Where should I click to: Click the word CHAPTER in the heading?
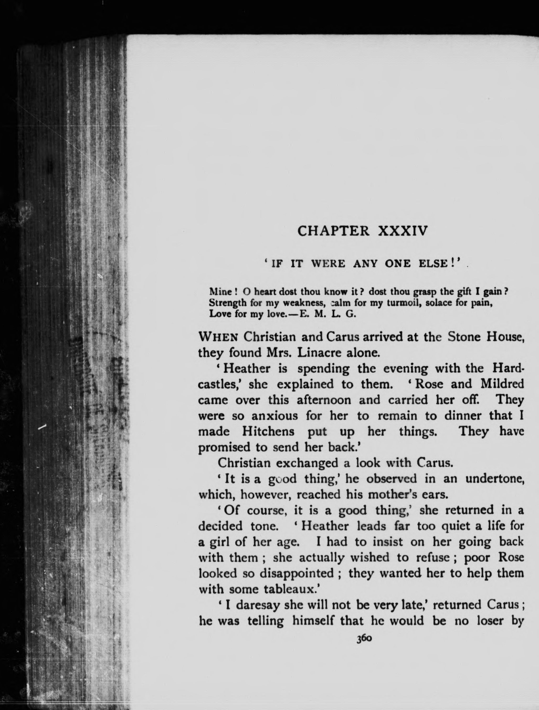coord(333,231)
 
